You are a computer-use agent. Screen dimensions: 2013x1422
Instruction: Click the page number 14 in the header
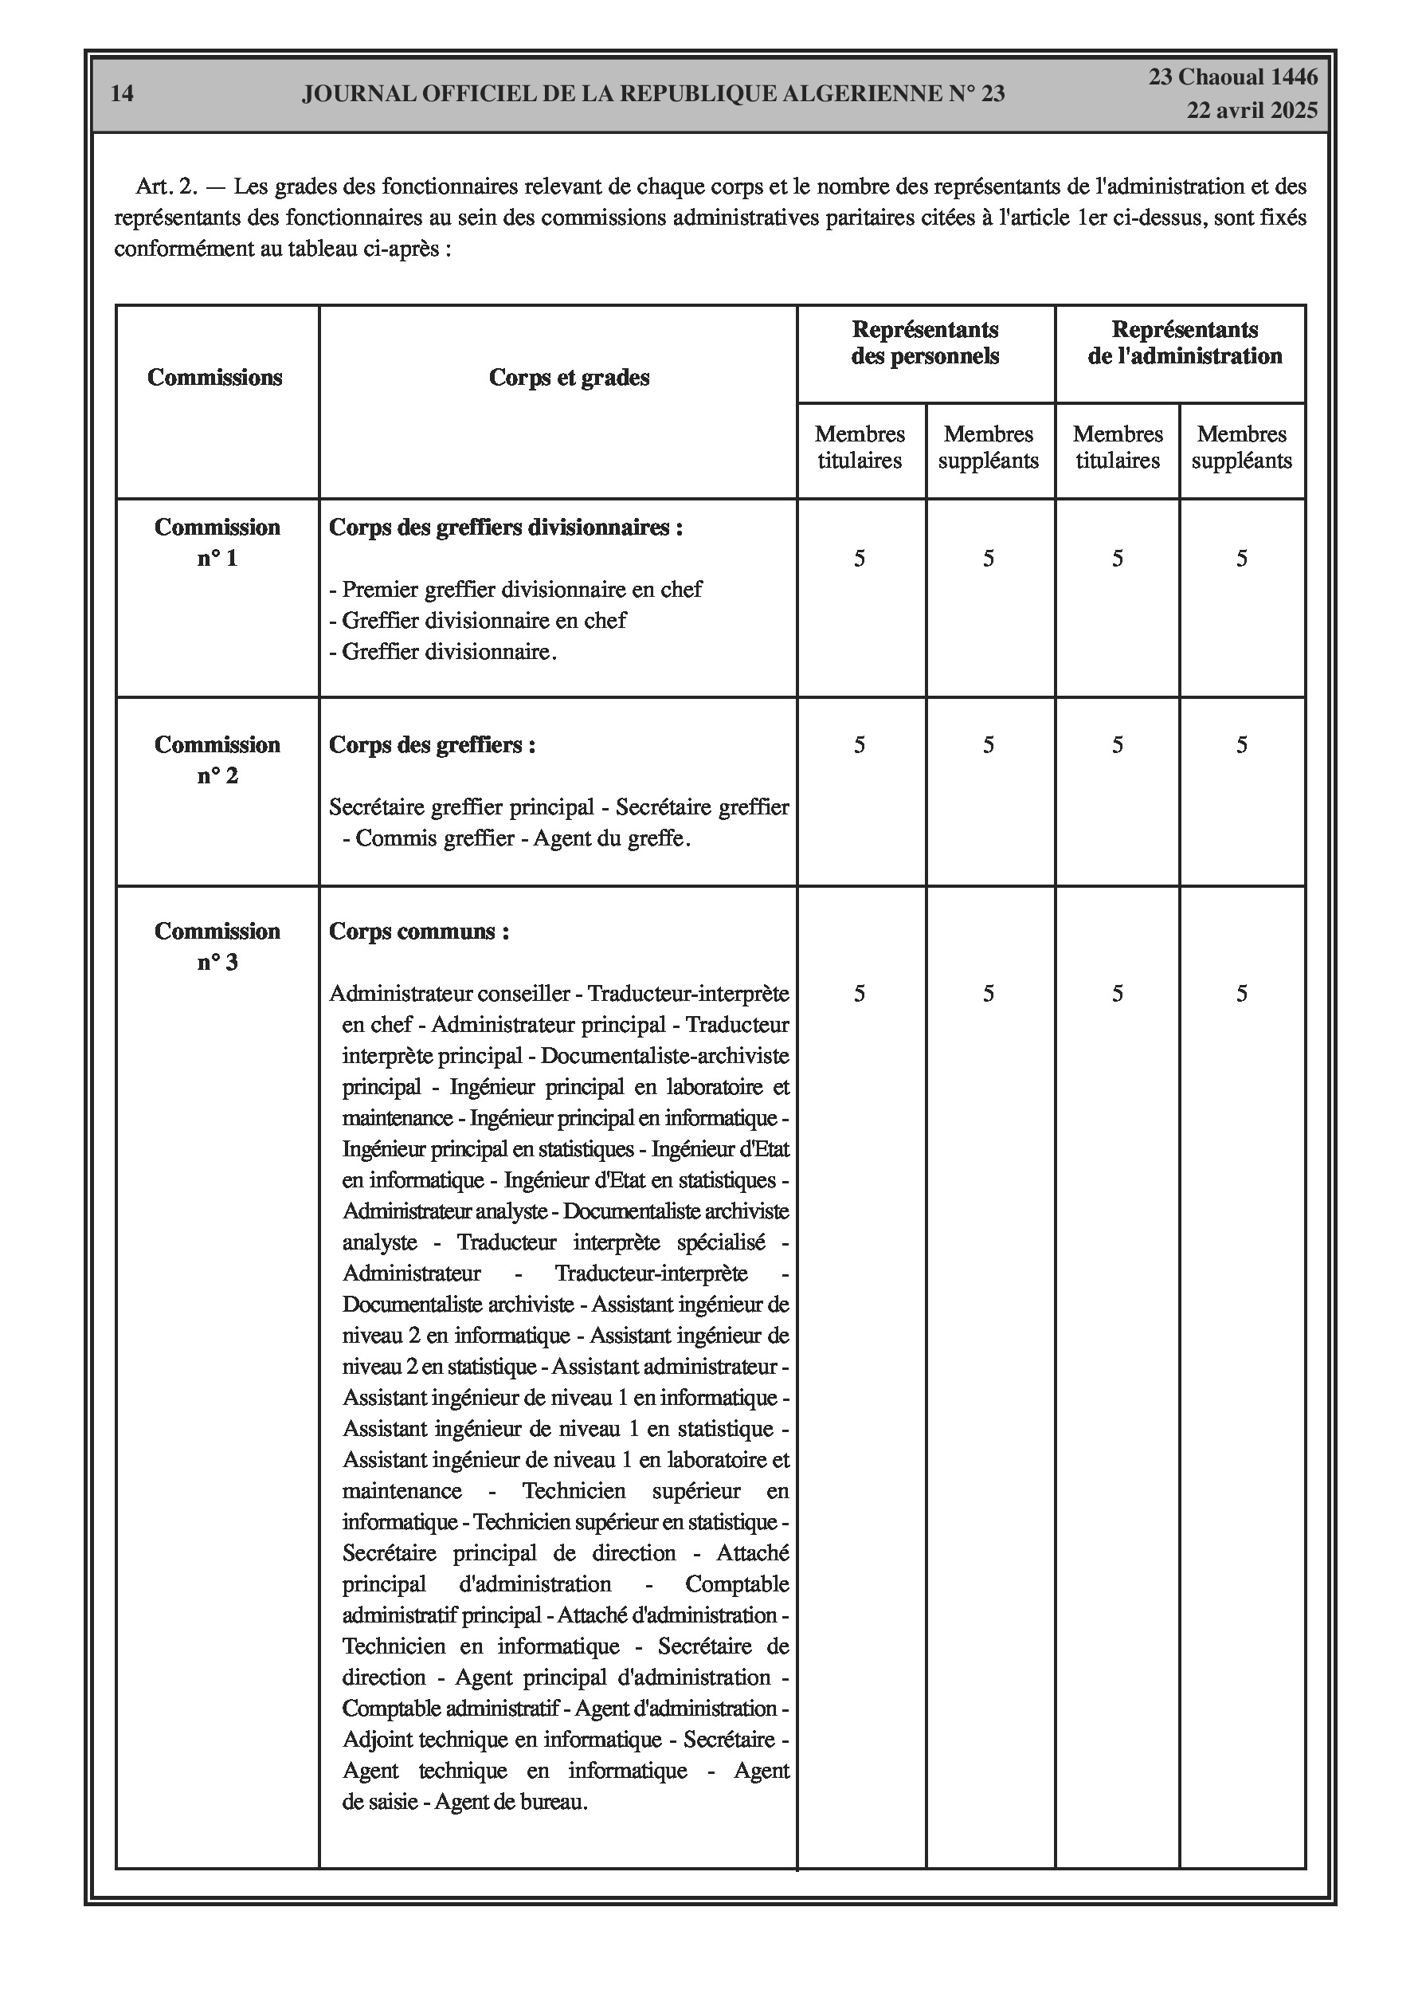pyautogui.click(x=123, y=94)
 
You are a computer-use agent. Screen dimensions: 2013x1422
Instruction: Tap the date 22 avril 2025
pyautogui.click(x=1252, y=111)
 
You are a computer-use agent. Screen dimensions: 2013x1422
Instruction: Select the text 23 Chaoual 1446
pyautogui.click(x=1232, y=77)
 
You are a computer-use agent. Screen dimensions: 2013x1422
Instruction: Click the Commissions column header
pyautogui.click(x=215, y=377)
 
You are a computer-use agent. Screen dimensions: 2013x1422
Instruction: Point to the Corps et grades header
pyautogui.click(x=569, y=378)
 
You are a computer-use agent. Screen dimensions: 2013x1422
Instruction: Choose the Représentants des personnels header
pyautogui.click(x=925, y=343)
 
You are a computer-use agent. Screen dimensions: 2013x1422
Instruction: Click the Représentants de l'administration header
pyautogui.click(x=1185, y=343)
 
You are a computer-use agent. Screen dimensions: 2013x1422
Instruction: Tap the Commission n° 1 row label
pyautogui.click(x=217, y=543)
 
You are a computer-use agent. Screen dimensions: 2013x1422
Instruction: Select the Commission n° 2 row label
pyautogui.click(x=217, y=760)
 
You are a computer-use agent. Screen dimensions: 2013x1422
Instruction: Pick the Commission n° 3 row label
pyautogui.click(x=217, y=947)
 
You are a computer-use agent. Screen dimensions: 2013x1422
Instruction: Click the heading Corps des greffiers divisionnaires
pyautogui.click(x=506, y=528)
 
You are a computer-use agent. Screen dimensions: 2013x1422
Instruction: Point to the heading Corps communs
pyautogui.click(x=418, y=931)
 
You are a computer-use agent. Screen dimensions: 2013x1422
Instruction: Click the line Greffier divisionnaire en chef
pyautogui.click(x=478, y=621)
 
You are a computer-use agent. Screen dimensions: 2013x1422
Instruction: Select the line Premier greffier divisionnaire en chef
pyautogui.click(x=515, y=589)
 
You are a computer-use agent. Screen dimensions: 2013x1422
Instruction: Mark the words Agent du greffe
pyautogui.click(x=612, y=838)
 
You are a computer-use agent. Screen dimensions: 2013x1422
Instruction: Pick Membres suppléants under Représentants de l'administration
pyautogui.click(x=1241, y=447)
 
